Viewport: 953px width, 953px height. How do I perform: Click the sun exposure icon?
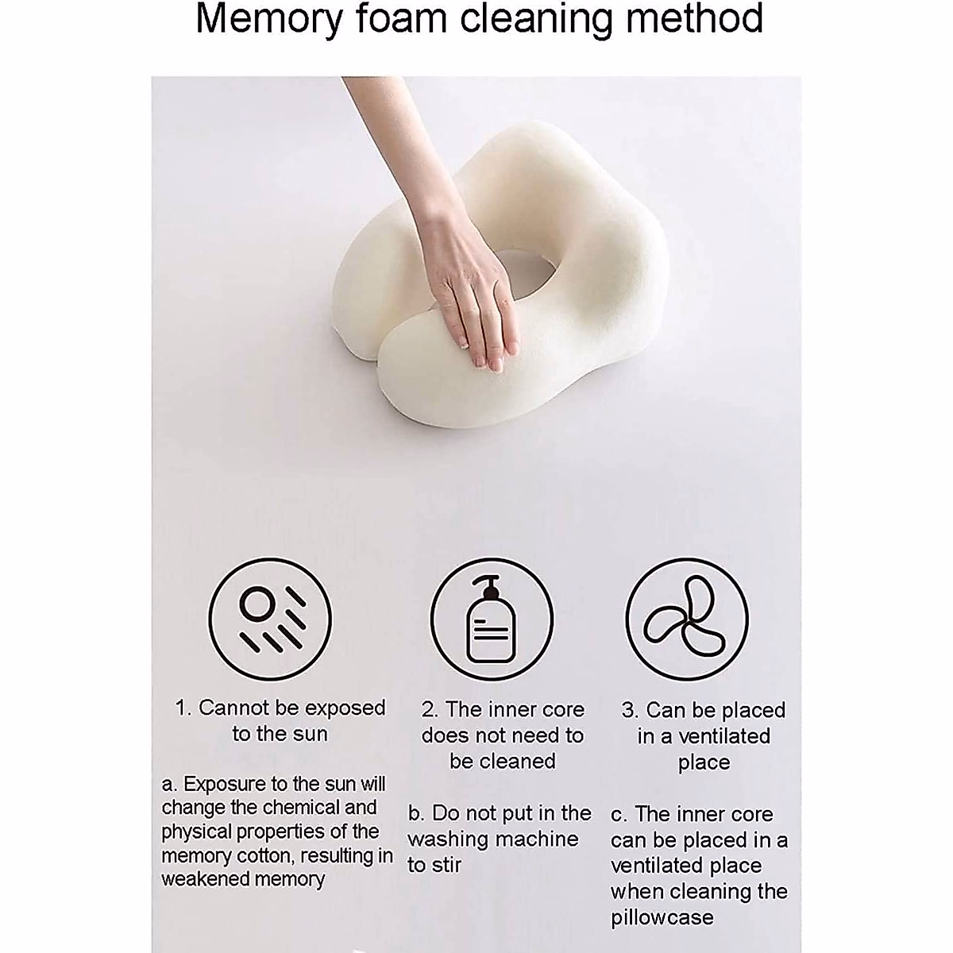tap(269, 619)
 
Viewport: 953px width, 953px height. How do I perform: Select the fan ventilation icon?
tap(687, 619)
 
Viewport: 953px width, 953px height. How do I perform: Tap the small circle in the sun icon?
tap(256, 604)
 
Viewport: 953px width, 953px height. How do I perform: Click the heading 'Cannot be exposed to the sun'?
tap(280, 720)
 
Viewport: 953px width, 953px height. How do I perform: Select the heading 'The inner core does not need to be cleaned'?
tap(503, 735)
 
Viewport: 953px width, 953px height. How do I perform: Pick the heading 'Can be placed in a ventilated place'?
tap(704, 735)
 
